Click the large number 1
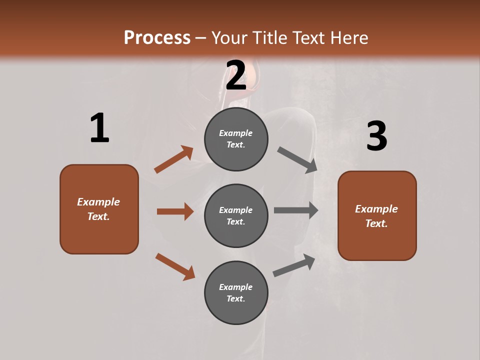tap(99, 128)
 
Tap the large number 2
tap(236, 75)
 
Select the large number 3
tap(376, 136)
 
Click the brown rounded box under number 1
tap(99, 209)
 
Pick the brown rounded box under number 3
tap(377, 215)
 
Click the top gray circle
tap(236, 139)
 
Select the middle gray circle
tap(236, 215)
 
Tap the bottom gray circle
tap(236, 292)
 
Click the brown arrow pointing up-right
tap(174, 159)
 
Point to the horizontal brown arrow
tap(175, 211)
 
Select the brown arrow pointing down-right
tap(175, 266)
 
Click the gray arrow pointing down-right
tap(297, 159)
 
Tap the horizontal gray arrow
tap(296, 210)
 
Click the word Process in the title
tap(157, 38)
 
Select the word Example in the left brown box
tap(98, 202)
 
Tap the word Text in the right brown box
tap(375, 223)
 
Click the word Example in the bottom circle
tap(236, 287)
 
